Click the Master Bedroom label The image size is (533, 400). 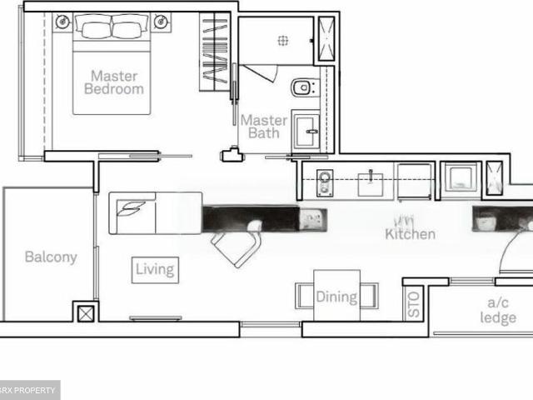(114, 82)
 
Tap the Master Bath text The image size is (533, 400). (263, 126)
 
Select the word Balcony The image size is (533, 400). (50, 257)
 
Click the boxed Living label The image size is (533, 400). (155, 269)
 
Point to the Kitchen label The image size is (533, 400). (410, 234)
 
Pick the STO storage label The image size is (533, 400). (415, 304)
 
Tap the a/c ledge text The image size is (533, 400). (498, 311)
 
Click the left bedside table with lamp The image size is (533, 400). (63, 23)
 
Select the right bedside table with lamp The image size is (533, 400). (161, 23)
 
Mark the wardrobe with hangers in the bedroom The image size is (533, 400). (214, 52)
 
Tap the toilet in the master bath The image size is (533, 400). (301, 87)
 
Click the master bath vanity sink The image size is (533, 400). (305, 130)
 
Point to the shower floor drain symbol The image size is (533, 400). (282, 38)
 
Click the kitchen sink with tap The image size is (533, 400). (370, 181)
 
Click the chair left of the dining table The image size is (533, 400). (304, 296)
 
